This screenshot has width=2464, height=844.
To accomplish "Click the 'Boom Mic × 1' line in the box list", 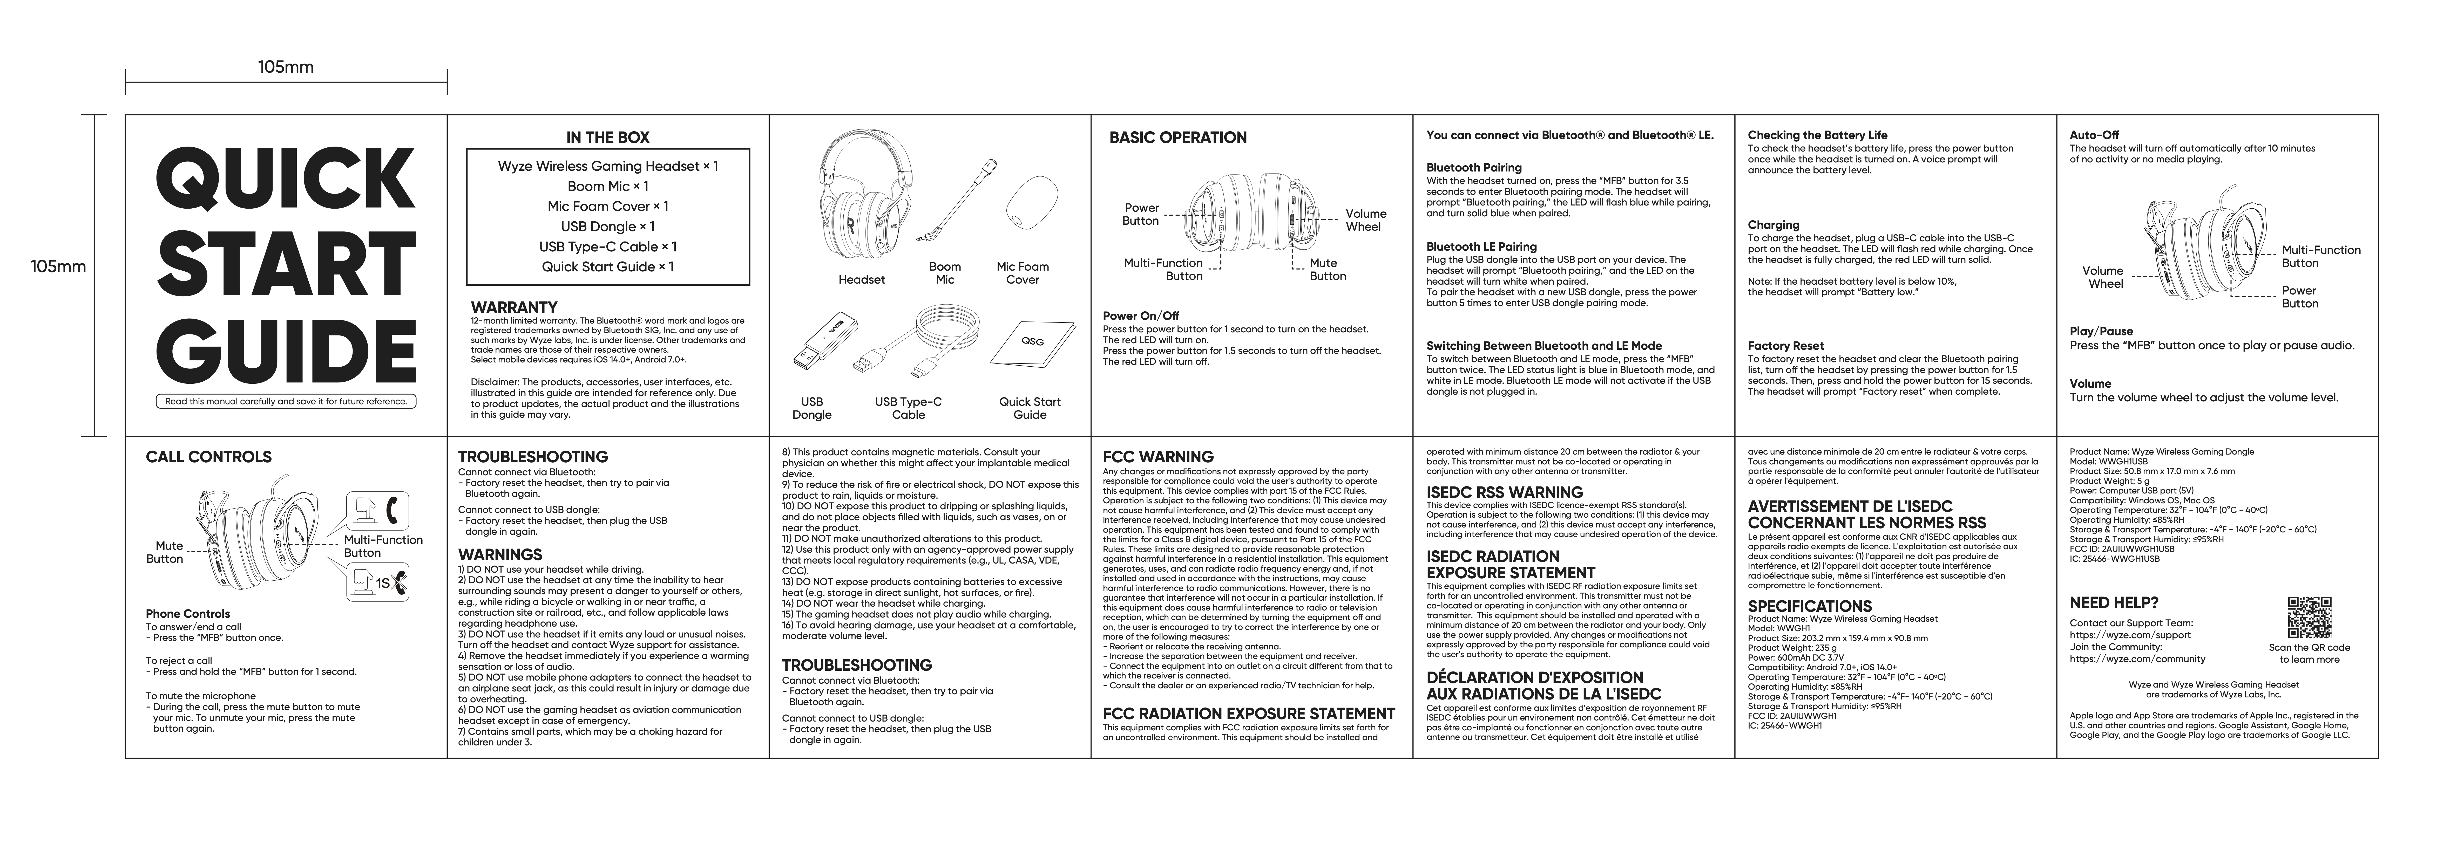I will [607, 186].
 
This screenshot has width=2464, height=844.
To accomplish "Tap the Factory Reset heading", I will [1785, 346].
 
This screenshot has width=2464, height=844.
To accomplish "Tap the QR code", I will [2308, 616].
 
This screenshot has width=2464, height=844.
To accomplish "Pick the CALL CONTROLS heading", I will [208, 457].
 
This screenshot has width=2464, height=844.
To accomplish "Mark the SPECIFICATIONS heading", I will [1809, 606].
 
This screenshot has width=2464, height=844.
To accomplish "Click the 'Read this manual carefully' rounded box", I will [285, 401].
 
